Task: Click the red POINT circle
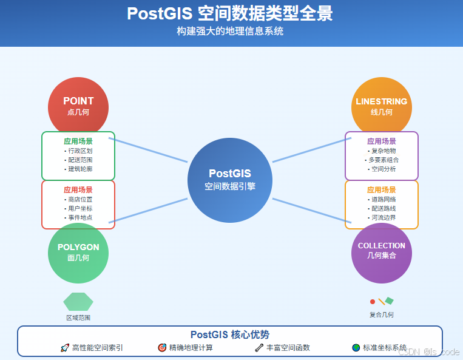(78, 107)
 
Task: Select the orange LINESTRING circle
(382, 107)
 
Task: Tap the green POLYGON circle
(78, 253)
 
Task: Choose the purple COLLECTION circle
(382, 253)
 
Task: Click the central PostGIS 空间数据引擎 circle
(230, 180)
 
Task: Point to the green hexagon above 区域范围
(78, 302)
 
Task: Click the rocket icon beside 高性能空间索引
(65, 348)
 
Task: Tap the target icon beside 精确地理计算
(162, 348)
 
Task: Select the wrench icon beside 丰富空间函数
(259, 348)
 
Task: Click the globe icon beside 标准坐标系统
(356, 348)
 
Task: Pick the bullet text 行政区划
(79, 151)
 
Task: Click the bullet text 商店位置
(79, 199)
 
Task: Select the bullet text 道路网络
(383, 199)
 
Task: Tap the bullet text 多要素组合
(383, 160)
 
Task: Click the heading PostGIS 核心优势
(230, 335)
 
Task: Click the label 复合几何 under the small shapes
(382, 314)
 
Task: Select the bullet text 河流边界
(383, 217)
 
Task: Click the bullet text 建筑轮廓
(79, 169)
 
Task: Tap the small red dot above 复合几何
(373, 301)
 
